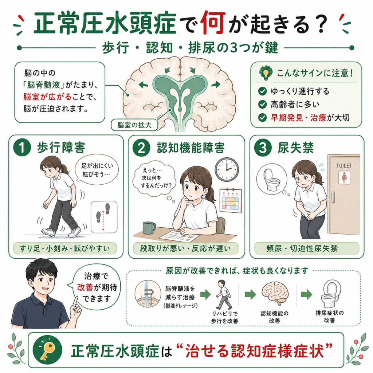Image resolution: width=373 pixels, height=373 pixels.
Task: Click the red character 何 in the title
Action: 213,23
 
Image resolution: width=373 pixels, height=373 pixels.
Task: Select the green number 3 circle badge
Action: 263,148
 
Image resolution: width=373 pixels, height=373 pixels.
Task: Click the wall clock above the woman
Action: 227,169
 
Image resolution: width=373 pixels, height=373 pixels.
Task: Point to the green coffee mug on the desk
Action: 149,228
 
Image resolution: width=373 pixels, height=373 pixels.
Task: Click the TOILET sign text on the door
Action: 344,166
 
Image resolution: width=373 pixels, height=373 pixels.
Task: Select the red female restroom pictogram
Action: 344,177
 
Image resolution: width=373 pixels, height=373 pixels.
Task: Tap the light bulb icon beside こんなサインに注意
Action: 266,72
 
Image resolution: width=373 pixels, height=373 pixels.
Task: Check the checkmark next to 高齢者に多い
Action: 262,104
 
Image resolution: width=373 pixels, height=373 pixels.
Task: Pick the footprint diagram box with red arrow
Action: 104,217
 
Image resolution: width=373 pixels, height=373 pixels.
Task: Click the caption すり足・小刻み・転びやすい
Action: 65,248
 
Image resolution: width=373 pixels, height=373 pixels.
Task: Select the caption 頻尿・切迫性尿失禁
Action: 302,248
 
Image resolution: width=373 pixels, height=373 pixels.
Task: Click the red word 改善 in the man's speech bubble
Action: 85,287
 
